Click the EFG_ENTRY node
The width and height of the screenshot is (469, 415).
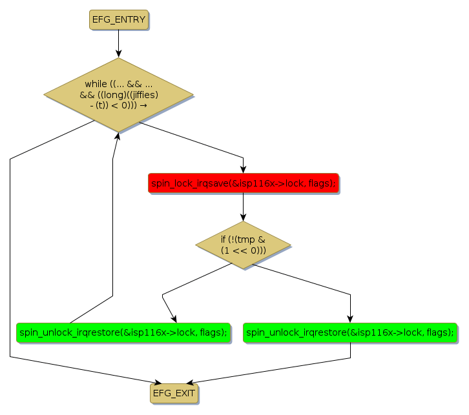[118, 19]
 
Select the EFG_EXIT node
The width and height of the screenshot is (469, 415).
[174, 392]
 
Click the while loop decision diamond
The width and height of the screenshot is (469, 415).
[118, 94]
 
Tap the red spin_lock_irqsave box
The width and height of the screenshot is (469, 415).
[243, 184]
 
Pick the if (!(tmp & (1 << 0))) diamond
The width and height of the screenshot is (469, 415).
[243, 245]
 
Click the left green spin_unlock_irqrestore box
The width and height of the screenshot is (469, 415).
[123, 332]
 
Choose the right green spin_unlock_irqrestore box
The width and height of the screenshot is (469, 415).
[350, 332]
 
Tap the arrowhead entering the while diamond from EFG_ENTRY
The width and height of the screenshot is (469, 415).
[118, 54]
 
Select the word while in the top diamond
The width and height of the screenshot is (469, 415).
[96, 84]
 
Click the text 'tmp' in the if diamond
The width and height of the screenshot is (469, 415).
[247, 239]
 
